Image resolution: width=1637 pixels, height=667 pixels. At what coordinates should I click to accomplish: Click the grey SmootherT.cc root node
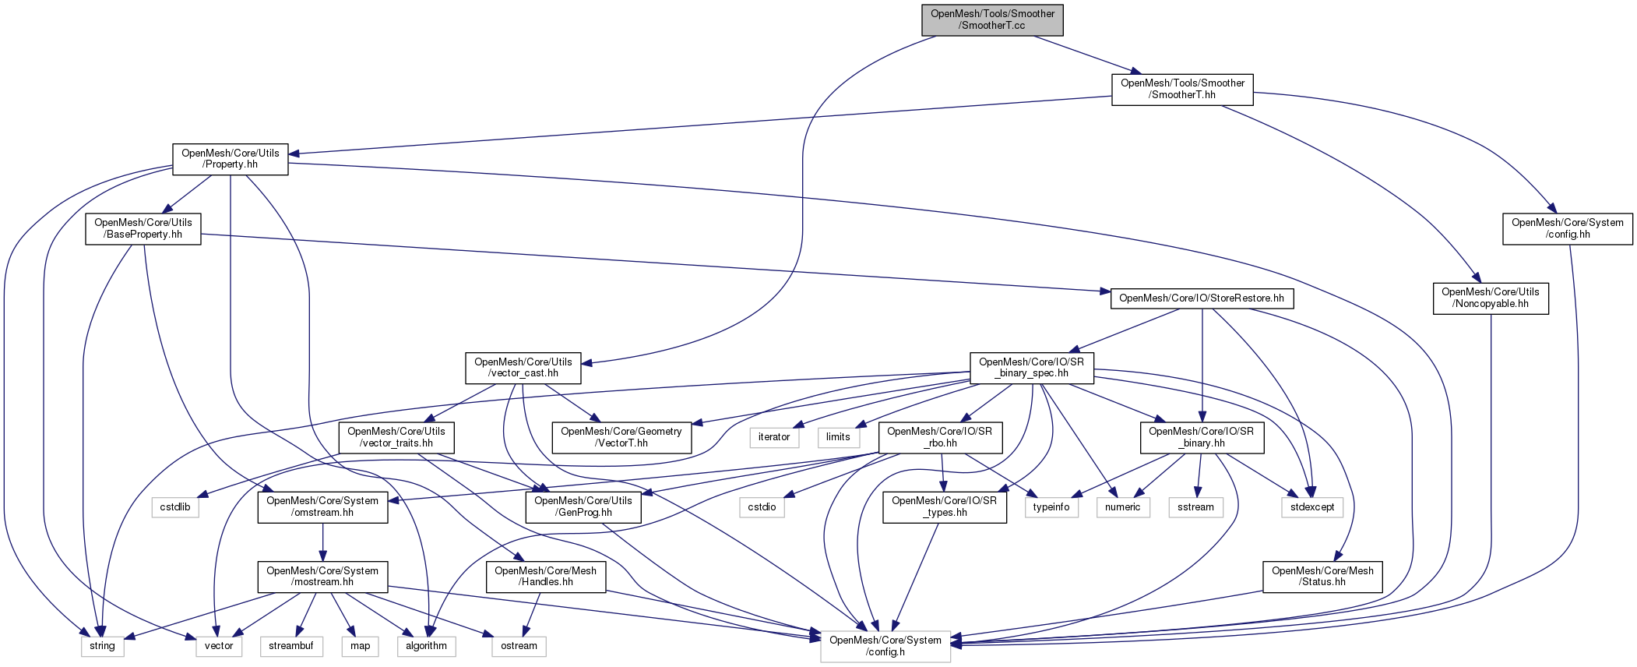[992, 19]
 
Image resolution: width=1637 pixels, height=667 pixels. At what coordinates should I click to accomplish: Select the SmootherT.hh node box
[1181, 90]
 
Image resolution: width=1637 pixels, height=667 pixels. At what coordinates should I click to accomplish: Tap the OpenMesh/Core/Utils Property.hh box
[230, 159]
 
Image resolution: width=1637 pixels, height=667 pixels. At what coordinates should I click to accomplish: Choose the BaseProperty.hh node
[143, 229]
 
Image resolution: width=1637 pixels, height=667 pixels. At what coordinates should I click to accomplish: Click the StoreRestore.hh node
[1201, 298]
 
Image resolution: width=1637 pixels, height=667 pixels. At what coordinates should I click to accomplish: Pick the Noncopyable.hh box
[1490, 298]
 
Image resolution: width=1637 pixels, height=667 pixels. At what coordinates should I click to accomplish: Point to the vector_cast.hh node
[523, 368]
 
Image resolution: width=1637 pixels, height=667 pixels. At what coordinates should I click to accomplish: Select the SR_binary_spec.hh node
[1031, 368]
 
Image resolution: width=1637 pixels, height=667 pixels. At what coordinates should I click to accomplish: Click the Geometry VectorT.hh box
[621, 438]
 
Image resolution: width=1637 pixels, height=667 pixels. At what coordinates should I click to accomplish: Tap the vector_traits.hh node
[396, 438]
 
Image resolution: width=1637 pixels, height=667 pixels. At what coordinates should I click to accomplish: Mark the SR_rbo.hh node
[939, 438]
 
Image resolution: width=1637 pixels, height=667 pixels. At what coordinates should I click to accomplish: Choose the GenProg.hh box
[583, 507]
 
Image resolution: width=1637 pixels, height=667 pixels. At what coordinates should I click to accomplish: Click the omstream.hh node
[322, 507]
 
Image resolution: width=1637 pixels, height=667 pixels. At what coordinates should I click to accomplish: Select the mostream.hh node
[322, 577]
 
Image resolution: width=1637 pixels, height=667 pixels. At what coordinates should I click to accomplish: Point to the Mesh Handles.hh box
[545, 577]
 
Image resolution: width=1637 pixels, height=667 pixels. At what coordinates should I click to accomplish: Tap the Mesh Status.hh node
[1322, 577]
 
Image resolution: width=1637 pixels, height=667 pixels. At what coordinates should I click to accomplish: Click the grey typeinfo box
[1051, 507]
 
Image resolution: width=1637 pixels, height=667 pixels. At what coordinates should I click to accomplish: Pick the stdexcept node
[1311, 507]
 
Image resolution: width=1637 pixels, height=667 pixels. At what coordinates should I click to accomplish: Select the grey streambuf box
[290, 646]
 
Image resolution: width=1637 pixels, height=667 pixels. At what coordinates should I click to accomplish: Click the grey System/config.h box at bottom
[885, 646]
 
